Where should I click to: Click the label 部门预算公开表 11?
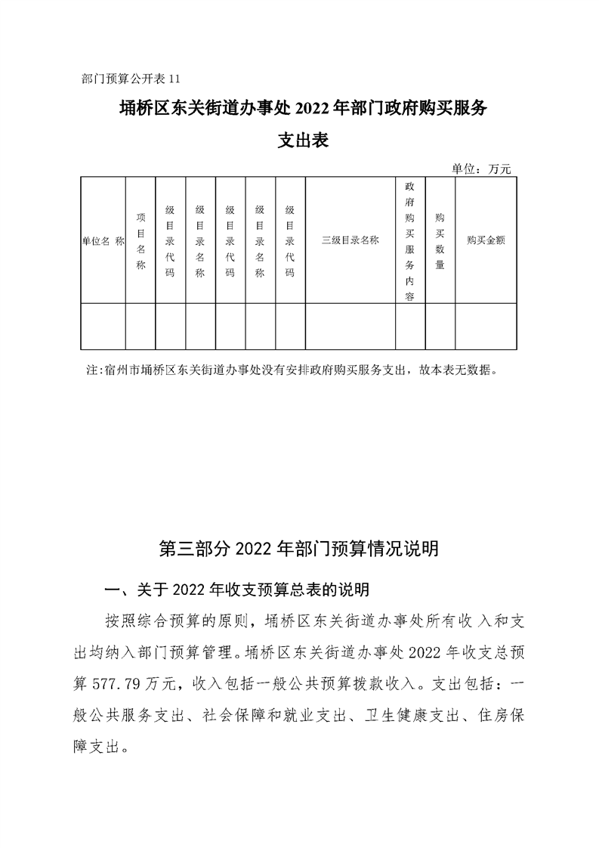tap(131, 78)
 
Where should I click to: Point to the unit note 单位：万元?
tap(481, 169)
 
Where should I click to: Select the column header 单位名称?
tap(103, 240)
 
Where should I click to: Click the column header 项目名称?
tap(140, 240)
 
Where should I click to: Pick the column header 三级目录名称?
tap(350, 240)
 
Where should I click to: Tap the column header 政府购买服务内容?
tap(410, 240)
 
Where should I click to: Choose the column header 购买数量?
tap(440, 240)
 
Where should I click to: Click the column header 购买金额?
tap(486, 240)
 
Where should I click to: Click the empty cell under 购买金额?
tap(486, 327)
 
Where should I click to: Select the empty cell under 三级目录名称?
tap(350, 327)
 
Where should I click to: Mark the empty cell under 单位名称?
tap(103, 327)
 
